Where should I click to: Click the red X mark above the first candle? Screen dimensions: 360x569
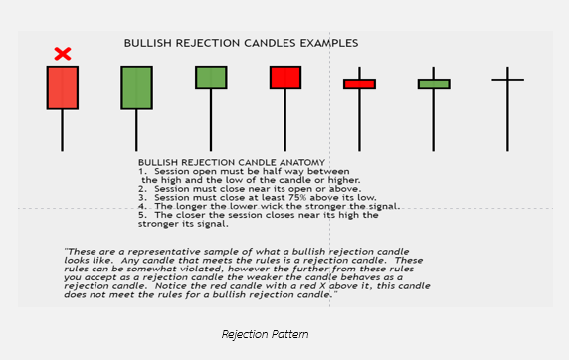point(62,53)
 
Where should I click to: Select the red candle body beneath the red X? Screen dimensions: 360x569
point(62,88)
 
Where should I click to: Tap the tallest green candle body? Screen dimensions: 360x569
point(136,88)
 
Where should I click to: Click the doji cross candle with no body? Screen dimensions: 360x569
point(507,79)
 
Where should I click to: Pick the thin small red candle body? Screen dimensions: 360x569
point(359,84)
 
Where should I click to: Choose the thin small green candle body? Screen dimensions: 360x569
point(433,84)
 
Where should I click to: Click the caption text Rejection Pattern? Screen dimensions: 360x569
point(264,334)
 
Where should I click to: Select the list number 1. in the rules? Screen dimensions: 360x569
point(142,171)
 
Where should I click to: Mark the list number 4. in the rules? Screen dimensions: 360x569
point(142,206)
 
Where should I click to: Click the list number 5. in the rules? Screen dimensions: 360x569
point(142,215)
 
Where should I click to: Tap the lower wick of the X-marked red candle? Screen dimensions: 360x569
point(62,129)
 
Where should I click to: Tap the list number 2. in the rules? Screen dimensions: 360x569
point(142,188)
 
